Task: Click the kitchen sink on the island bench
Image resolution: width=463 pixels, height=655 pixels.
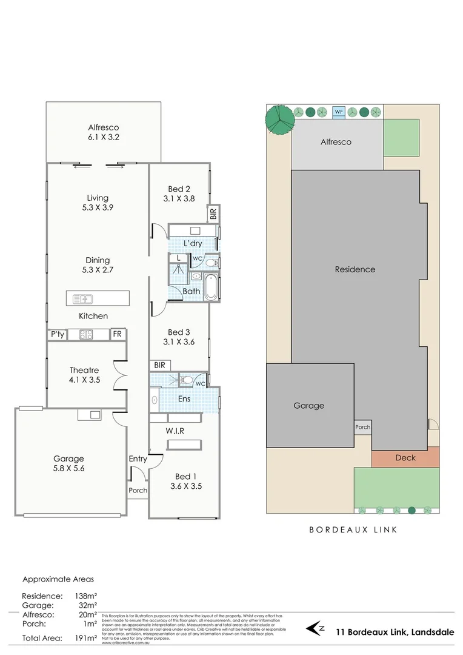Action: click(x=82, y=298)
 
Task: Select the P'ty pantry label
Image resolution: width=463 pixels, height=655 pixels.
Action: click(x=57, y=334)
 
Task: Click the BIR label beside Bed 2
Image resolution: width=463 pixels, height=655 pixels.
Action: click(x=213, y=214)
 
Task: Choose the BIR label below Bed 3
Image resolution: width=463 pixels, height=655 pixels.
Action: click(x=160, y=365)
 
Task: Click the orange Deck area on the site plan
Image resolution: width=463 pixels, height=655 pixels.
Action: click(x=405, y=458)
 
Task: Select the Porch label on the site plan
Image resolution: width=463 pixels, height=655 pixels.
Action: click(x=362, y=427)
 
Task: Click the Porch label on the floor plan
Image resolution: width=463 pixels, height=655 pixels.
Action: click(x=138, y=490)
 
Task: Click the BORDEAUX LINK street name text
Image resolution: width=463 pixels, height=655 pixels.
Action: click(x=353, y=529)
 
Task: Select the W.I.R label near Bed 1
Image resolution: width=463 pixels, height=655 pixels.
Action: click(x=175, y=431)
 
